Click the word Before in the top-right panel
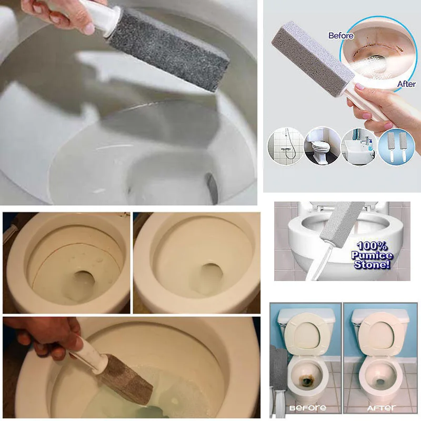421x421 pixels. [341, 36]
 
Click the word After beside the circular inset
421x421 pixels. [406, 84]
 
